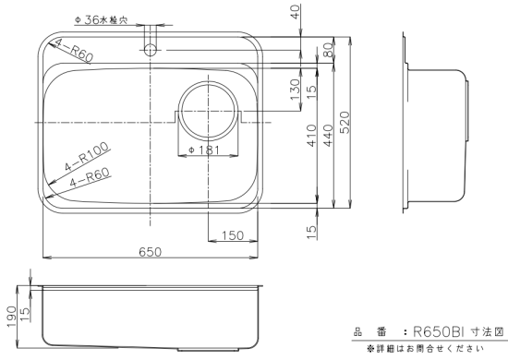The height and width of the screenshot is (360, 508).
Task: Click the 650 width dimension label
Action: click(x=150, y=252)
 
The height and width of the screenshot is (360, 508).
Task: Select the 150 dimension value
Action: click(x=233, y=235)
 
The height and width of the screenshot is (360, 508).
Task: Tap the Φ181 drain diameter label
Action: click(x=204, y=150)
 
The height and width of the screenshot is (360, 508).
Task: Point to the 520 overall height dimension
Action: click(x=345, y=123)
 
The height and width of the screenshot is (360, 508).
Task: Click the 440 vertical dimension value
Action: click(x=328, y=136)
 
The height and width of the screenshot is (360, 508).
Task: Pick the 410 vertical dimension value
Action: click(x=311, y=136)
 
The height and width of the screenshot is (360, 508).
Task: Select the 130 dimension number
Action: click(x=296, y=90)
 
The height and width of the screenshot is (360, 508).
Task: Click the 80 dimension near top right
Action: click(x=328, y=50)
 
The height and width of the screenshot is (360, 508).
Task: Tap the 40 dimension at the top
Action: click(x=296, y=12)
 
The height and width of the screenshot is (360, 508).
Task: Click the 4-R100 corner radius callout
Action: click(x=87, y=157)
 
